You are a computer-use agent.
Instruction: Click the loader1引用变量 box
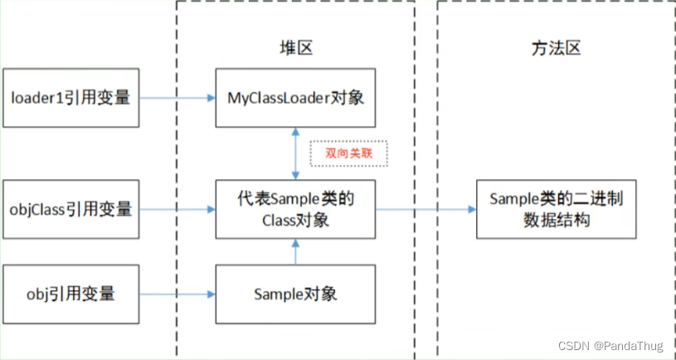tap(71, 98)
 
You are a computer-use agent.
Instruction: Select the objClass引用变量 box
tap(71, 209)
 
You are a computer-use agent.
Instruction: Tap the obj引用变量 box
tap(71, 294)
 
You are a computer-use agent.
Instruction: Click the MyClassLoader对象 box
tap(295, 98)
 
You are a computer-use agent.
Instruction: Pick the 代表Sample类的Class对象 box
tap(295, 209)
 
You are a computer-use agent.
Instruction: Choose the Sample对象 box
tap(295, 294)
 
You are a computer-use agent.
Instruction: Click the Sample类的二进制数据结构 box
tap(556, 209)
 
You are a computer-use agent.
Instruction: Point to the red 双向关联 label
tap(348, 153)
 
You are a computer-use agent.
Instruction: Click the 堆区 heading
tap(295, 47)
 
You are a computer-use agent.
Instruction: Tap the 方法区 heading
tap(556, 47)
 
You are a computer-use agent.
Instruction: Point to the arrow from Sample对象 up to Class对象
tap(295, 251)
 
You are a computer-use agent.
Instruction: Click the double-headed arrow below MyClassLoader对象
tap(295, 153)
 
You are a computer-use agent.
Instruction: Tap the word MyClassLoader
tap(282, 98)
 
